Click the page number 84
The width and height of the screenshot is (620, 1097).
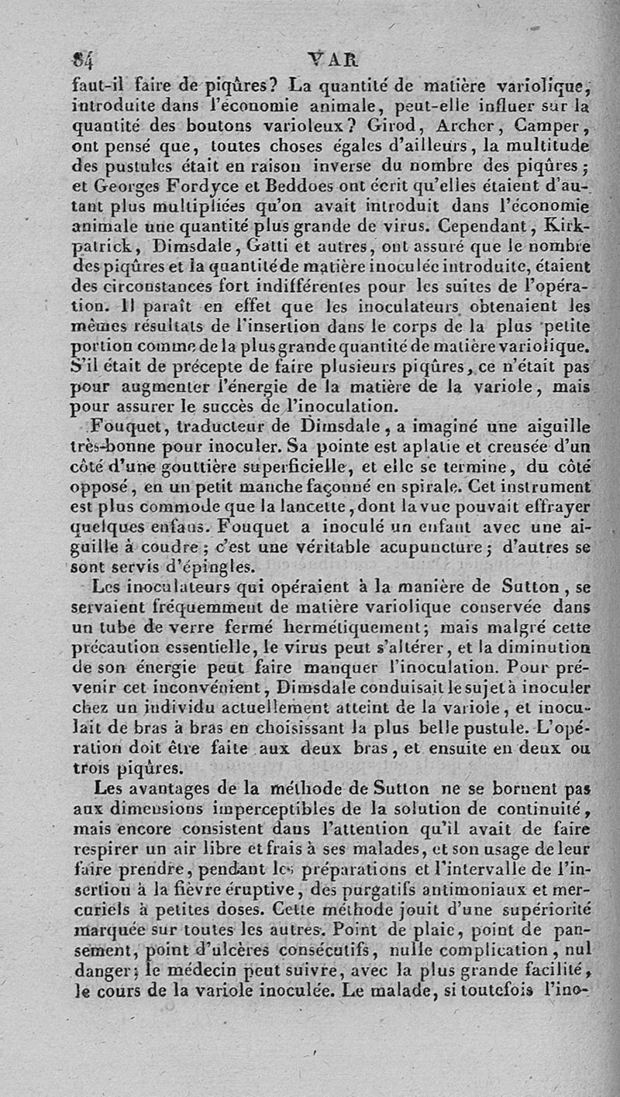81,59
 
